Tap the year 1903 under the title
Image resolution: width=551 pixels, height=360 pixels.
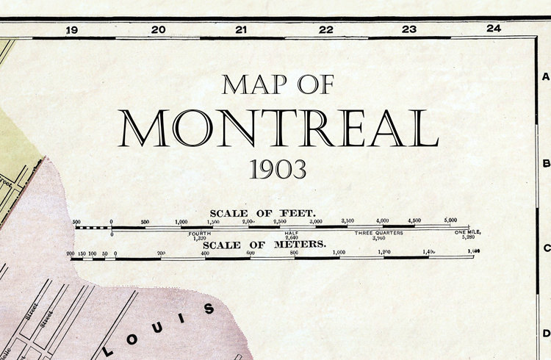tap(278, 170)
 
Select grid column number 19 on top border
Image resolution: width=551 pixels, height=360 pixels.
tap(71, 30)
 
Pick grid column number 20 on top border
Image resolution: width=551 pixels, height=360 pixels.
tap(158, 30)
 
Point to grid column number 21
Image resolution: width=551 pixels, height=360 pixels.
tap(241, 30)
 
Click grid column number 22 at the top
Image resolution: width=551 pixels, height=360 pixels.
tap(325, 30)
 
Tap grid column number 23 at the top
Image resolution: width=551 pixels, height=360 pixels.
tap(409, 30)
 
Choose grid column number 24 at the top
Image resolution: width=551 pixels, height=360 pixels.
tap(493, 29)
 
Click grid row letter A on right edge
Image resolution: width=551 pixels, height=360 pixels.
tap(546, 77)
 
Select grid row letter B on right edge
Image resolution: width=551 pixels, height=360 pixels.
tap(546, 164)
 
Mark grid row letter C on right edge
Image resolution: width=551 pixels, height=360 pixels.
tap(546, 248)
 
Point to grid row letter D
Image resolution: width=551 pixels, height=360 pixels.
tap(546, 334)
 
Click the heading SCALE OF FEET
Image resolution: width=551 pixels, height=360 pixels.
tap(263, 213)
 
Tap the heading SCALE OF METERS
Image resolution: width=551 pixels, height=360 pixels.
tap(264, 244)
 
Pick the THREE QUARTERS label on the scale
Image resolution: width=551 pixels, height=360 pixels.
tap(379, 233)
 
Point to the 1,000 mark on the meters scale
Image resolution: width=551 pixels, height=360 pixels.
tap(338, 252)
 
